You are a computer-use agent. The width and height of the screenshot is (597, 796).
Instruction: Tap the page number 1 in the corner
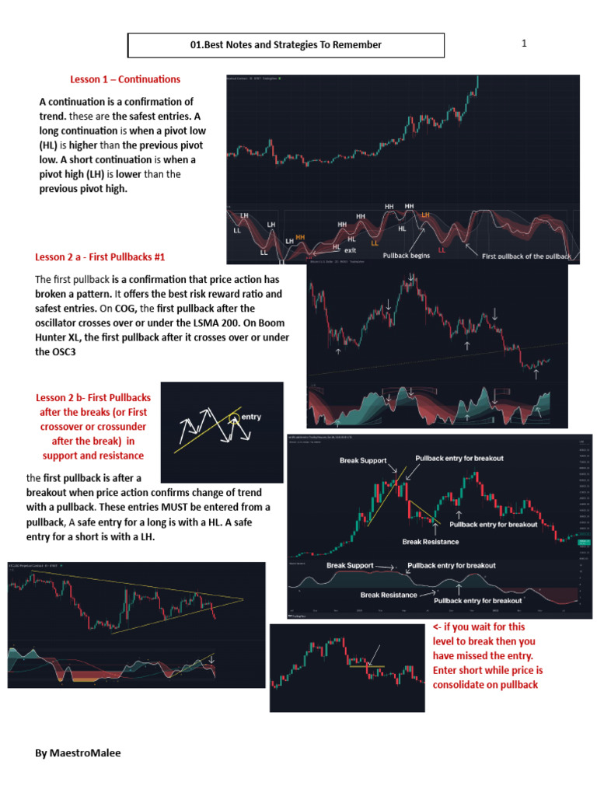tap(524, 44)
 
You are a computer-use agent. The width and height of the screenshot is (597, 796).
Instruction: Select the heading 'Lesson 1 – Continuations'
tap(125, 79)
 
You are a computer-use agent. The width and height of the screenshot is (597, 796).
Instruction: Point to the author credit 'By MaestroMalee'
tap(78, 753)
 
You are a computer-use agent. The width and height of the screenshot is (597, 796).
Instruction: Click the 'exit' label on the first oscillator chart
tap(351, 250)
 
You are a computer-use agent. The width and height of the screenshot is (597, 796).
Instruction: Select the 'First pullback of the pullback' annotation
tap(526, 256)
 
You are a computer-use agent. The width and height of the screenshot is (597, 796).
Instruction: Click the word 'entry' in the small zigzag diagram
tap(252, 417)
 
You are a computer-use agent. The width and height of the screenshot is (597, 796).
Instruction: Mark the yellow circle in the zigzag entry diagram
tap(234, 419)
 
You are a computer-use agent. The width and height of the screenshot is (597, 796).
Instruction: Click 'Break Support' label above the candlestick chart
tap(363, 461)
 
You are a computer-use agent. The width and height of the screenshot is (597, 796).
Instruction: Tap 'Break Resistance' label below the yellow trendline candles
tap(431, 541)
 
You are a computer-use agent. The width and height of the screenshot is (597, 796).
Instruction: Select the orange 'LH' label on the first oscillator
tap(425, 214)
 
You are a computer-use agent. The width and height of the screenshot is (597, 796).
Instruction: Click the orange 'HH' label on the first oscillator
tap(300, 236)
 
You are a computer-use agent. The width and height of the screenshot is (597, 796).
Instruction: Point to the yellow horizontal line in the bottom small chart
tap(367, 666)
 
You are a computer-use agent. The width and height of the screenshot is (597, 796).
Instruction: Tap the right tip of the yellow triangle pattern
tap(243, 599)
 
